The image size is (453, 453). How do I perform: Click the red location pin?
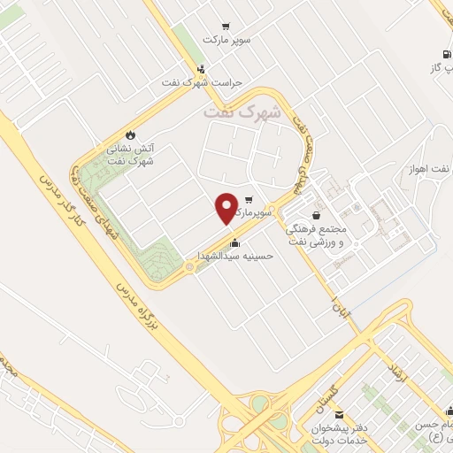[x=227, y=207]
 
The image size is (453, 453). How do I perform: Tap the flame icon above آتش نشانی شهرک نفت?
[x=131, y=134]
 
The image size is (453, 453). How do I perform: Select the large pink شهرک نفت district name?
[x=242, y=112]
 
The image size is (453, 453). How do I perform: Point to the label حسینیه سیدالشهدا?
[x=235, y=257]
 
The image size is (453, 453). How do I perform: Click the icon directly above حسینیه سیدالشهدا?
[x=234, y=243]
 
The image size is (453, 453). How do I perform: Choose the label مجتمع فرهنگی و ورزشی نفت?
[x=322, y=233]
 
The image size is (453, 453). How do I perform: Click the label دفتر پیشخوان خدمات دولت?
[x=343, y=433]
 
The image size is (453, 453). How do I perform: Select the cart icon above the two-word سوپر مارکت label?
[x=228, y=27]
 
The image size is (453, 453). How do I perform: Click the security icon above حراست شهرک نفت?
[x=202, y=69]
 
